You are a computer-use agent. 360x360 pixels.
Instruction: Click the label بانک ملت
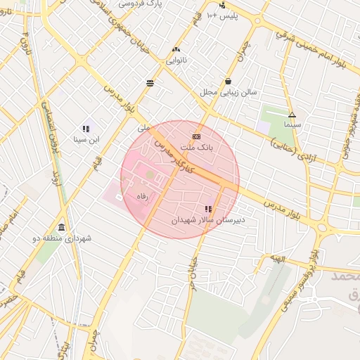[x=197, y=148]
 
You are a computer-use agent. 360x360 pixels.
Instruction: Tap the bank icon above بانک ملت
[x=196, y=136]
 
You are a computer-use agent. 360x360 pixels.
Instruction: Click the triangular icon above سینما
[x=292, y=115]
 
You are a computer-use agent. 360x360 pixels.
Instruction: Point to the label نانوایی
[x=176, y=61]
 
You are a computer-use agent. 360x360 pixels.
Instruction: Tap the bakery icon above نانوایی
[x=176, y=49]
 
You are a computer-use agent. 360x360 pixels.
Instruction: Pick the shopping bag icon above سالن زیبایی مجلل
[x=229, y=80]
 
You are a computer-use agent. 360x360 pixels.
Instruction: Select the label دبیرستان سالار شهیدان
[x=207, y=221]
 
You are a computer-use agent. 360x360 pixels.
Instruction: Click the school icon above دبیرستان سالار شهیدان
[x=207, y=209]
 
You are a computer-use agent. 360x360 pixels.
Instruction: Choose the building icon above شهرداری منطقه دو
[x=63, y=227]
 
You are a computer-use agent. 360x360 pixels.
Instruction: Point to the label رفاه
[x=142, y=198]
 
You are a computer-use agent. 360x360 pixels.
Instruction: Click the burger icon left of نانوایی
[x=150, y=83]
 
